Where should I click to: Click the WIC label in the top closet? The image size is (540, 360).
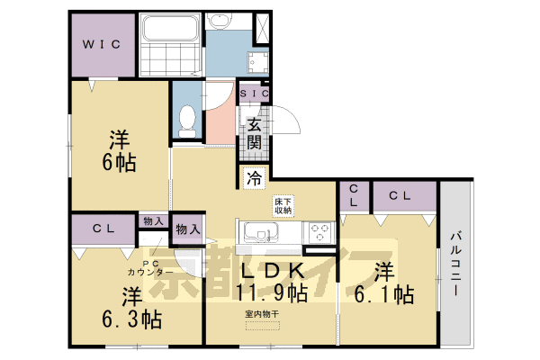103,43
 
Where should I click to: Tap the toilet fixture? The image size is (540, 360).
187,120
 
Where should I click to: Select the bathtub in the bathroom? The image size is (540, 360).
171,33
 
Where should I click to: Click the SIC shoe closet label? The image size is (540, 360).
252,93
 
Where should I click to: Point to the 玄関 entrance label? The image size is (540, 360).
255,133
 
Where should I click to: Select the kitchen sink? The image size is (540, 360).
259,233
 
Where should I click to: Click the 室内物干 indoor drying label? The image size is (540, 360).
262,314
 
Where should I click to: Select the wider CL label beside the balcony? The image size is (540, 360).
400,195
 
